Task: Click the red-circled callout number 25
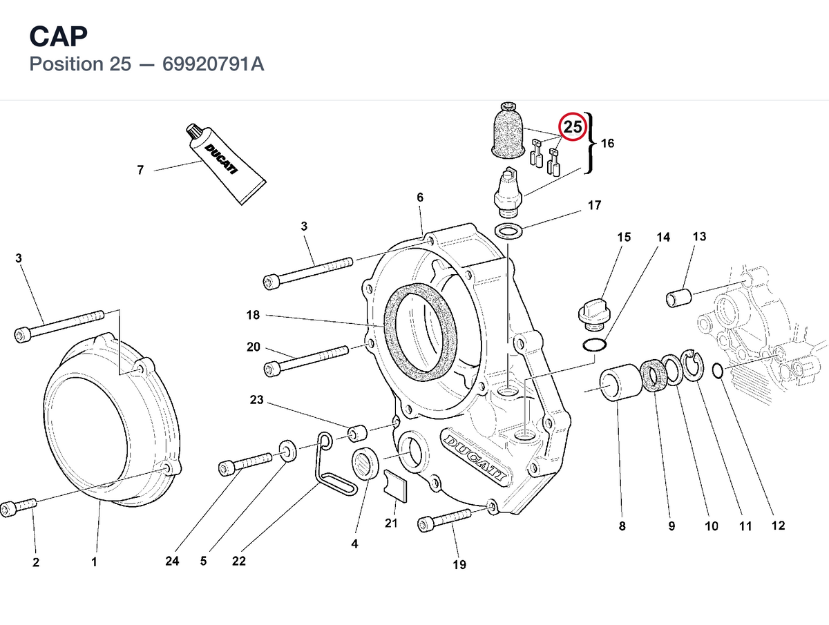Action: (x=572, y=126)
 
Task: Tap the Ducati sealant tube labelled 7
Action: (x=226, y=164)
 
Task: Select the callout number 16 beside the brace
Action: (x=607, y=143)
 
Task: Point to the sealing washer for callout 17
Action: (x=508, y=230)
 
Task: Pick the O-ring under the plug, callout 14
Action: (x=595, y=345)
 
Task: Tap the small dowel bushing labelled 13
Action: (x=678, y=297)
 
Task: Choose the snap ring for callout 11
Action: (x=692, y=365)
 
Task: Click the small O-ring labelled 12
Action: (x=718, y=370)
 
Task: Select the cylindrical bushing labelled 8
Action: (x=621, y=383)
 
